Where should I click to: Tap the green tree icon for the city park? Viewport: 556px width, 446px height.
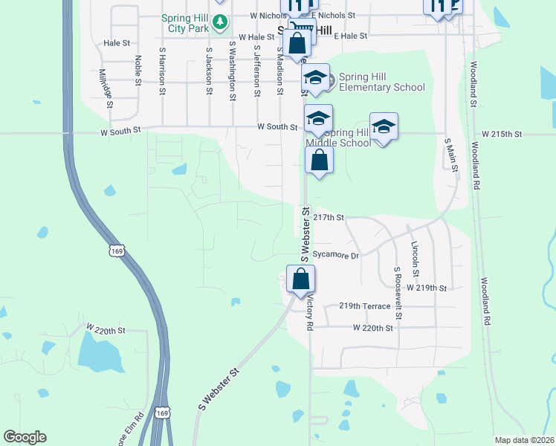tap(219, 22)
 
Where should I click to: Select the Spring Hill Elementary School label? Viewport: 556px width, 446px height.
tap(381, 82)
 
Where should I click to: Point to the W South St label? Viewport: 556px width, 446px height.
tap(277, 127)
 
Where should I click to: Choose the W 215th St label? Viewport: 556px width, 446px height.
tap(502, 134)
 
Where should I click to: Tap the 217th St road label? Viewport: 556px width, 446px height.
tap(329, 218)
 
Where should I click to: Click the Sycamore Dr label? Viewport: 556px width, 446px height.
tap(335, 255)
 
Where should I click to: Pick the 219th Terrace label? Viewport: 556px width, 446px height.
tap(364, 306)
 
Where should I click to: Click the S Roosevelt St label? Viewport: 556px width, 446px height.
tap(398, 294)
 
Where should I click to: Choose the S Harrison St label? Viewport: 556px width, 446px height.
tap(162, 72)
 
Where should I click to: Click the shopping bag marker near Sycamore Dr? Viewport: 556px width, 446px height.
tap(301, 279)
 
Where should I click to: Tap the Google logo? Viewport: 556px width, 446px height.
tap(25, 437)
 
